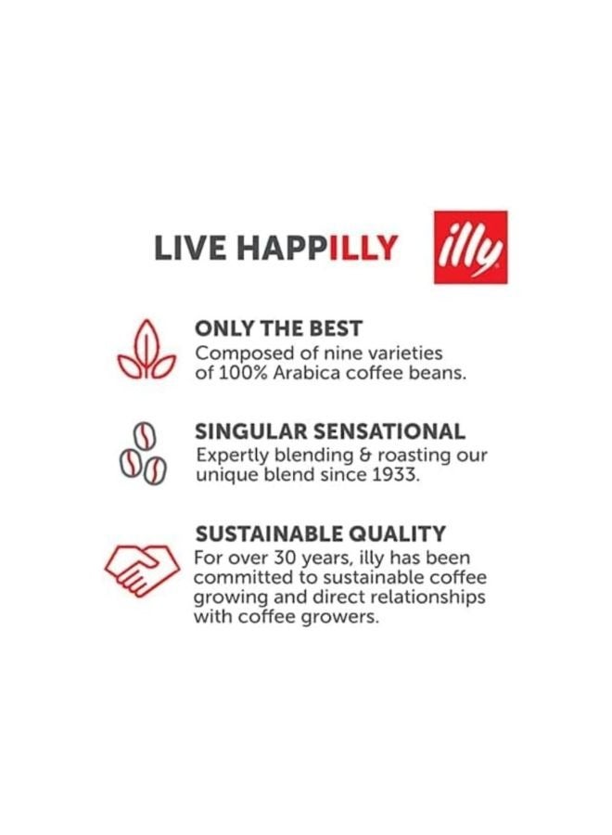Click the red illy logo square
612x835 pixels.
(471, 247)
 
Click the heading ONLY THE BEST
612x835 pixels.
(278, 328)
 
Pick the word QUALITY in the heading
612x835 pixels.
(406, 534)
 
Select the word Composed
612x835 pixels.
(237, 353)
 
